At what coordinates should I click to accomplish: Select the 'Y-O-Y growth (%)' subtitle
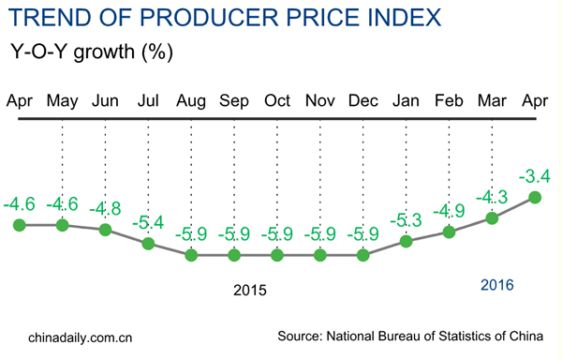(90, 52)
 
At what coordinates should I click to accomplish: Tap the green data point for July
(148, 244)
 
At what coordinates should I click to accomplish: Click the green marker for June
(105, 230)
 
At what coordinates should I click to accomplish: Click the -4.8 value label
(105, 208)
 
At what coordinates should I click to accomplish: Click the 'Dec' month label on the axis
(363, 100)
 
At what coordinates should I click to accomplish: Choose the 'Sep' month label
(234, 100)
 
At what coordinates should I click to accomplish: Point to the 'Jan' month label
(407, 100)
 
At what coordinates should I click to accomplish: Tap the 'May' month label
(62, 100)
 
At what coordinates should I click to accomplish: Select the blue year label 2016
(497, 284)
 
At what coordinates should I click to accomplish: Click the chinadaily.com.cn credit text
(81, 336)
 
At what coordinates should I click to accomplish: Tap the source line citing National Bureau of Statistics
(418, 336)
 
